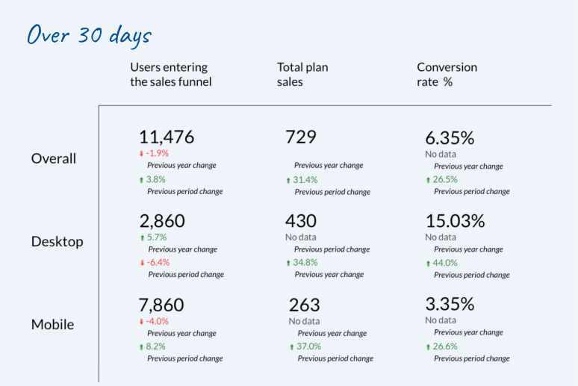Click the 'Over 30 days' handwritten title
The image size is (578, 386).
89,35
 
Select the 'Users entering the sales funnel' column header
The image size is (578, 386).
170,75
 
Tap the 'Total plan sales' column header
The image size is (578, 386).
302,75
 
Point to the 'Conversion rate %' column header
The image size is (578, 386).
447,75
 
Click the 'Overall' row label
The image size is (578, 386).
54,158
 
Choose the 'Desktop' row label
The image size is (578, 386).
57,242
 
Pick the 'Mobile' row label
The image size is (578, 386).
53,325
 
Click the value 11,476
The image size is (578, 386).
167,137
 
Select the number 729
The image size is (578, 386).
301,137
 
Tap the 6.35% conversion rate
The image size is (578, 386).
450,138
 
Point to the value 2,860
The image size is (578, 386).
162,221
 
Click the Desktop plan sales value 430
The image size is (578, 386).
301,221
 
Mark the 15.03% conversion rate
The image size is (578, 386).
455,221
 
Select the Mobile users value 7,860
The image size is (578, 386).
162,305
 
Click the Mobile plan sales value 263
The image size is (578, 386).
304,305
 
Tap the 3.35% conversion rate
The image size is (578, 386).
450,305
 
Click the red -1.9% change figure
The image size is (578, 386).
157,153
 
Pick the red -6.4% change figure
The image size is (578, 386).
158,262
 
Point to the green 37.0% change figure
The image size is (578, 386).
309,346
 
